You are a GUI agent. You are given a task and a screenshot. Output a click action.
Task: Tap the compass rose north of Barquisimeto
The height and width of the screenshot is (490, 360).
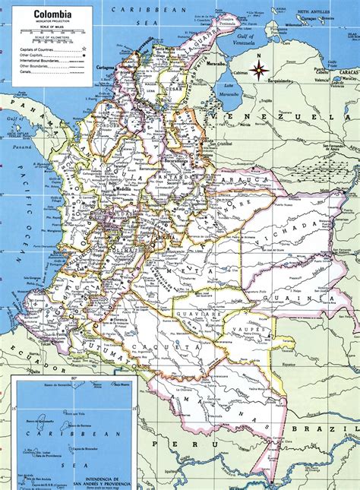tap(260, 71)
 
